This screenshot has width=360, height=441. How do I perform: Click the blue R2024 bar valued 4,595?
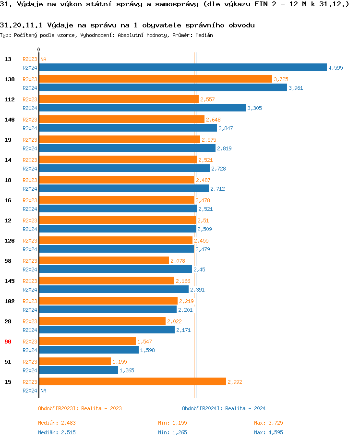182,68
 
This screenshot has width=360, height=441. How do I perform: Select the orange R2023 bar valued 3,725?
155,79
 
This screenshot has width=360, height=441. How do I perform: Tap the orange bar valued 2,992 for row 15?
132,382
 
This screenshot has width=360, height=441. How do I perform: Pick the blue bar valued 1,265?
78,370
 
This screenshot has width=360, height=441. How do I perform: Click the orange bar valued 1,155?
74,362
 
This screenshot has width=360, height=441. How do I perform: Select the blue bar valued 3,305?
142,108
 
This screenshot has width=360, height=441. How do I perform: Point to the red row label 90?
8,342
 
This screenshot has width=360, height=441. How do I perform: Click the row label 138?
9,79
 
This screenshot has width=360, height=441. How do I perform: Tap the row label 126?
9,241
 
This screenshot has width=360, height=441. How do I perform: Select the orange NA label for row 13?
43,59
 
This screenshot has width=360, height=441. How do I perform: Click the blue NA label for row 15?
43,391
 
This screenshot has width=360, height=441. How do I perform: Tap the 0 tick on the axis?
38,49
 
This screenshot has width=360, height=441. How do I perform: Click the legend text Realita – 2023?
101,408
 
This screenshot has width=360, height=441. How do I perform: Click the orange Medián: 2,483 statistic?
57,423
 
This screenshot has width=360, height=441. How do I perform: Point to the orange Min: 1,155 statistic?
172,423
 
